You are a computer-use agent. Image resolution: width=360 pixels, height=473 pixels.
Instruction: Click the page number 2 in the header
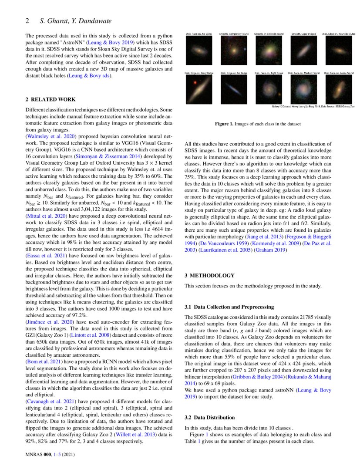click(27, 20)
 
